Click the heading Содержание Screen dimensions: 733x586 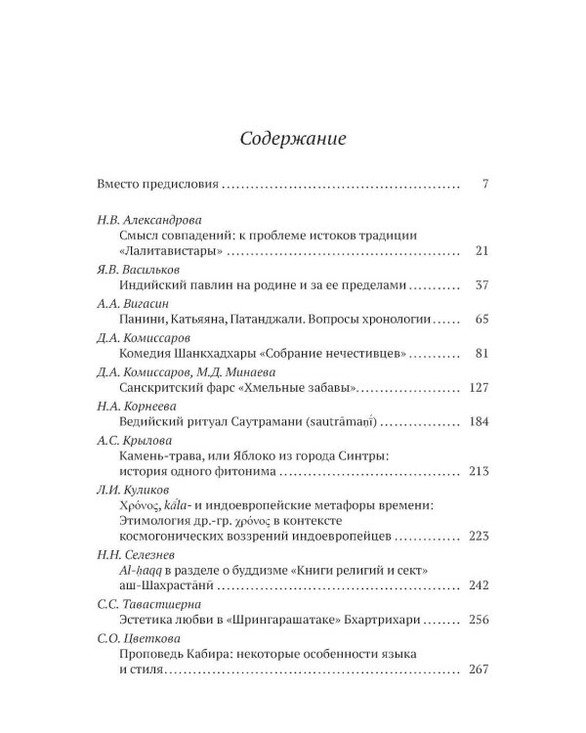click(x=292, y=138)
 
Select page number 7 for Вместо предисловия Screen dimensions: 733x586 click(x=484, y=184)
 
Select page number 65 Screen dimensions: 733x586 click(x=481, y=320)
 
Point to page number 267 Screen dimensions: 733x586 click(x=478, y=670)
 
